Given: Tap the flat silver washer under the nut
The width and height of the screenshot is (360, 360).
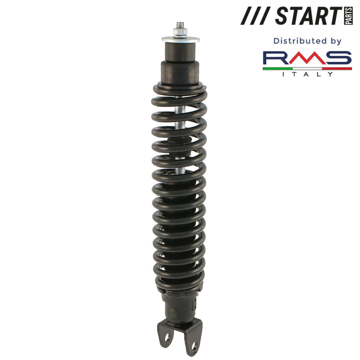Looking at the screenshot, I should click(180, 39).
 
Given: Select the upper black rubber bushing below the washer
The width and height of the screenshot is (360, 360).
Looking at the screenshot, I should click(180, 51).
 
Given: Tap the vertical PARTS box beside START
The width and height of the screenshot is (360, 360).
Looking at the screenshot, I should click(348, 16).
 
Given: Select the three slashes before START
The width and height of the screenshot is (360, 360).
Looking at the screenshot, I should click(256, 16).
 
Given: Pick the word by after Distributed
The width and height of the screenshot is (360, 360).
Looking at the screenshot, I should click(335, 41).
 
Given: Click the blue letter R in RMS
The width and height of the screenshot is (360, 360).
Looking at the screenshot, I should click(276, 58).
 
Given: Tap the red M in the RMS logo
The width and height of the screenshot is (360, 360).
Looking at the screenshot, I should click(307, 58).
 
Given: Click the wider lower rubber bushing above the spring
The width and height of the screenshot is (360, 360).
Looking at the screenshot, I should click(180, 71).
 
